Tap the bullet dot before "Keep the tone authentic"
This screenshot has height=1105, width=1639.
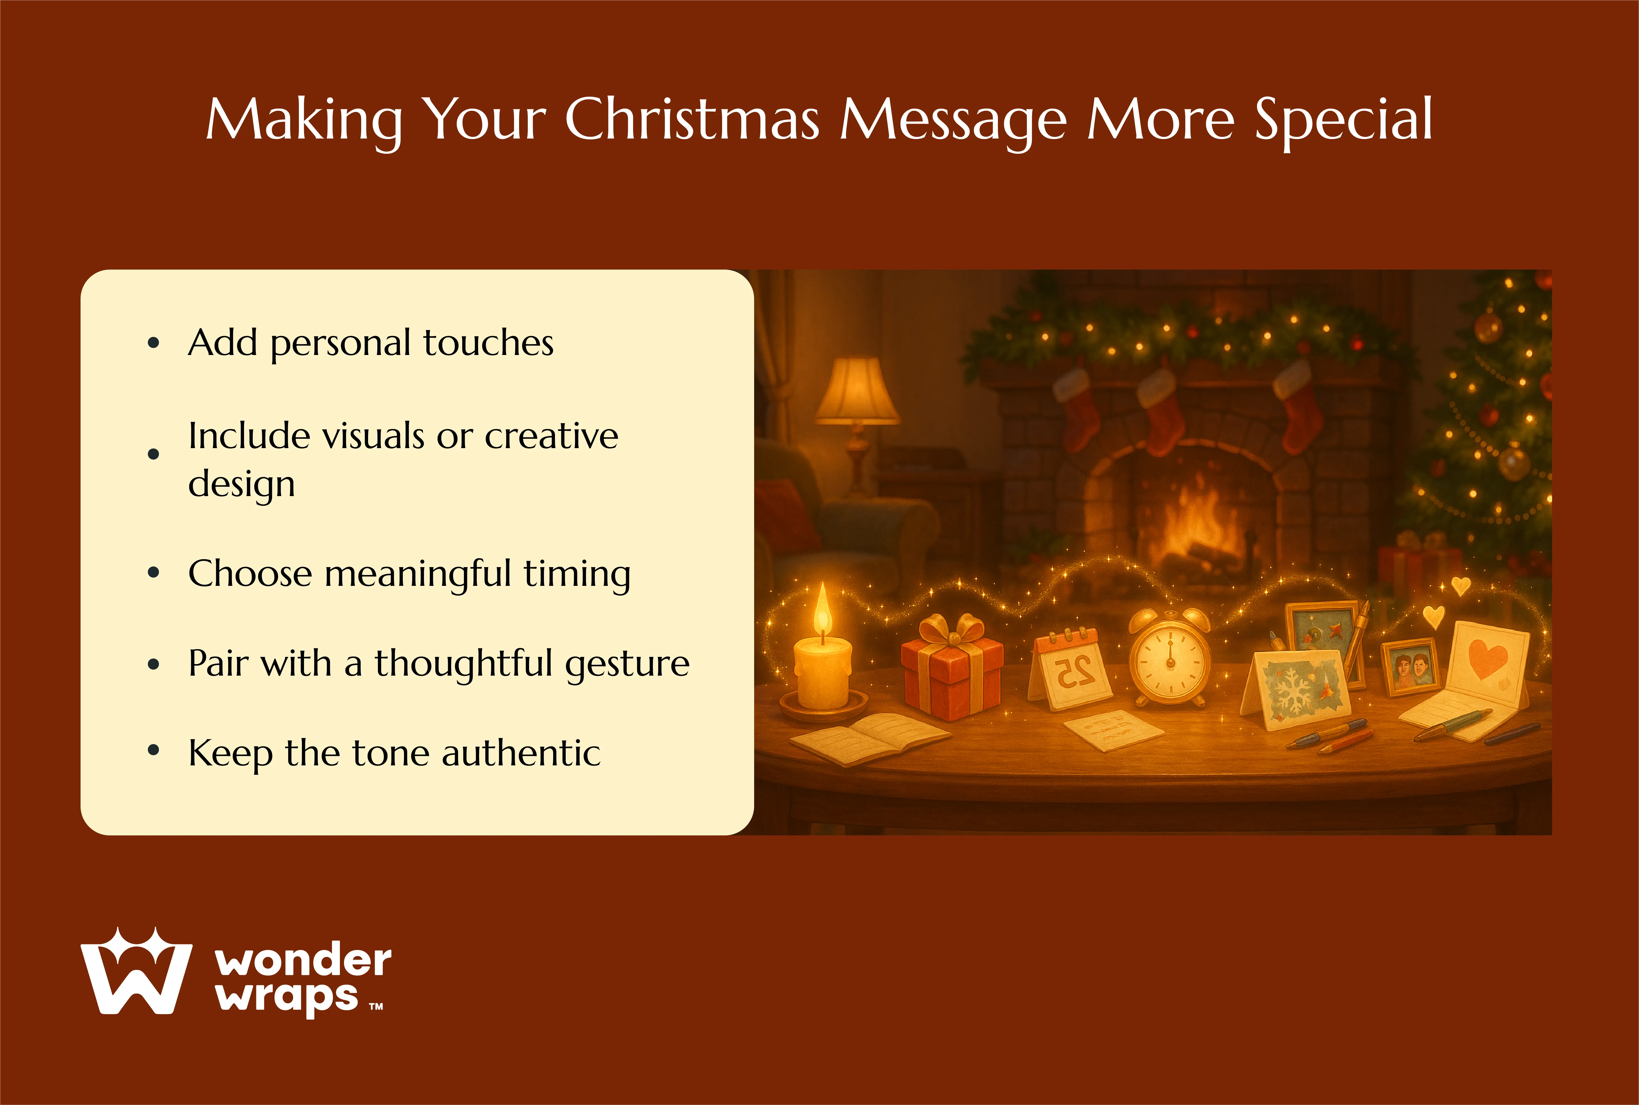154,751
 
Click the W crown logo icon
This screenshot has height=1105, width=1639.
136,972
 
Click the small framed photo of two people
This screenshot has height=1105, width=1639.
1410,667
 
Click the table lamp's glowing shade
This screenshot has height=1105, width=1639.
857,391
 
